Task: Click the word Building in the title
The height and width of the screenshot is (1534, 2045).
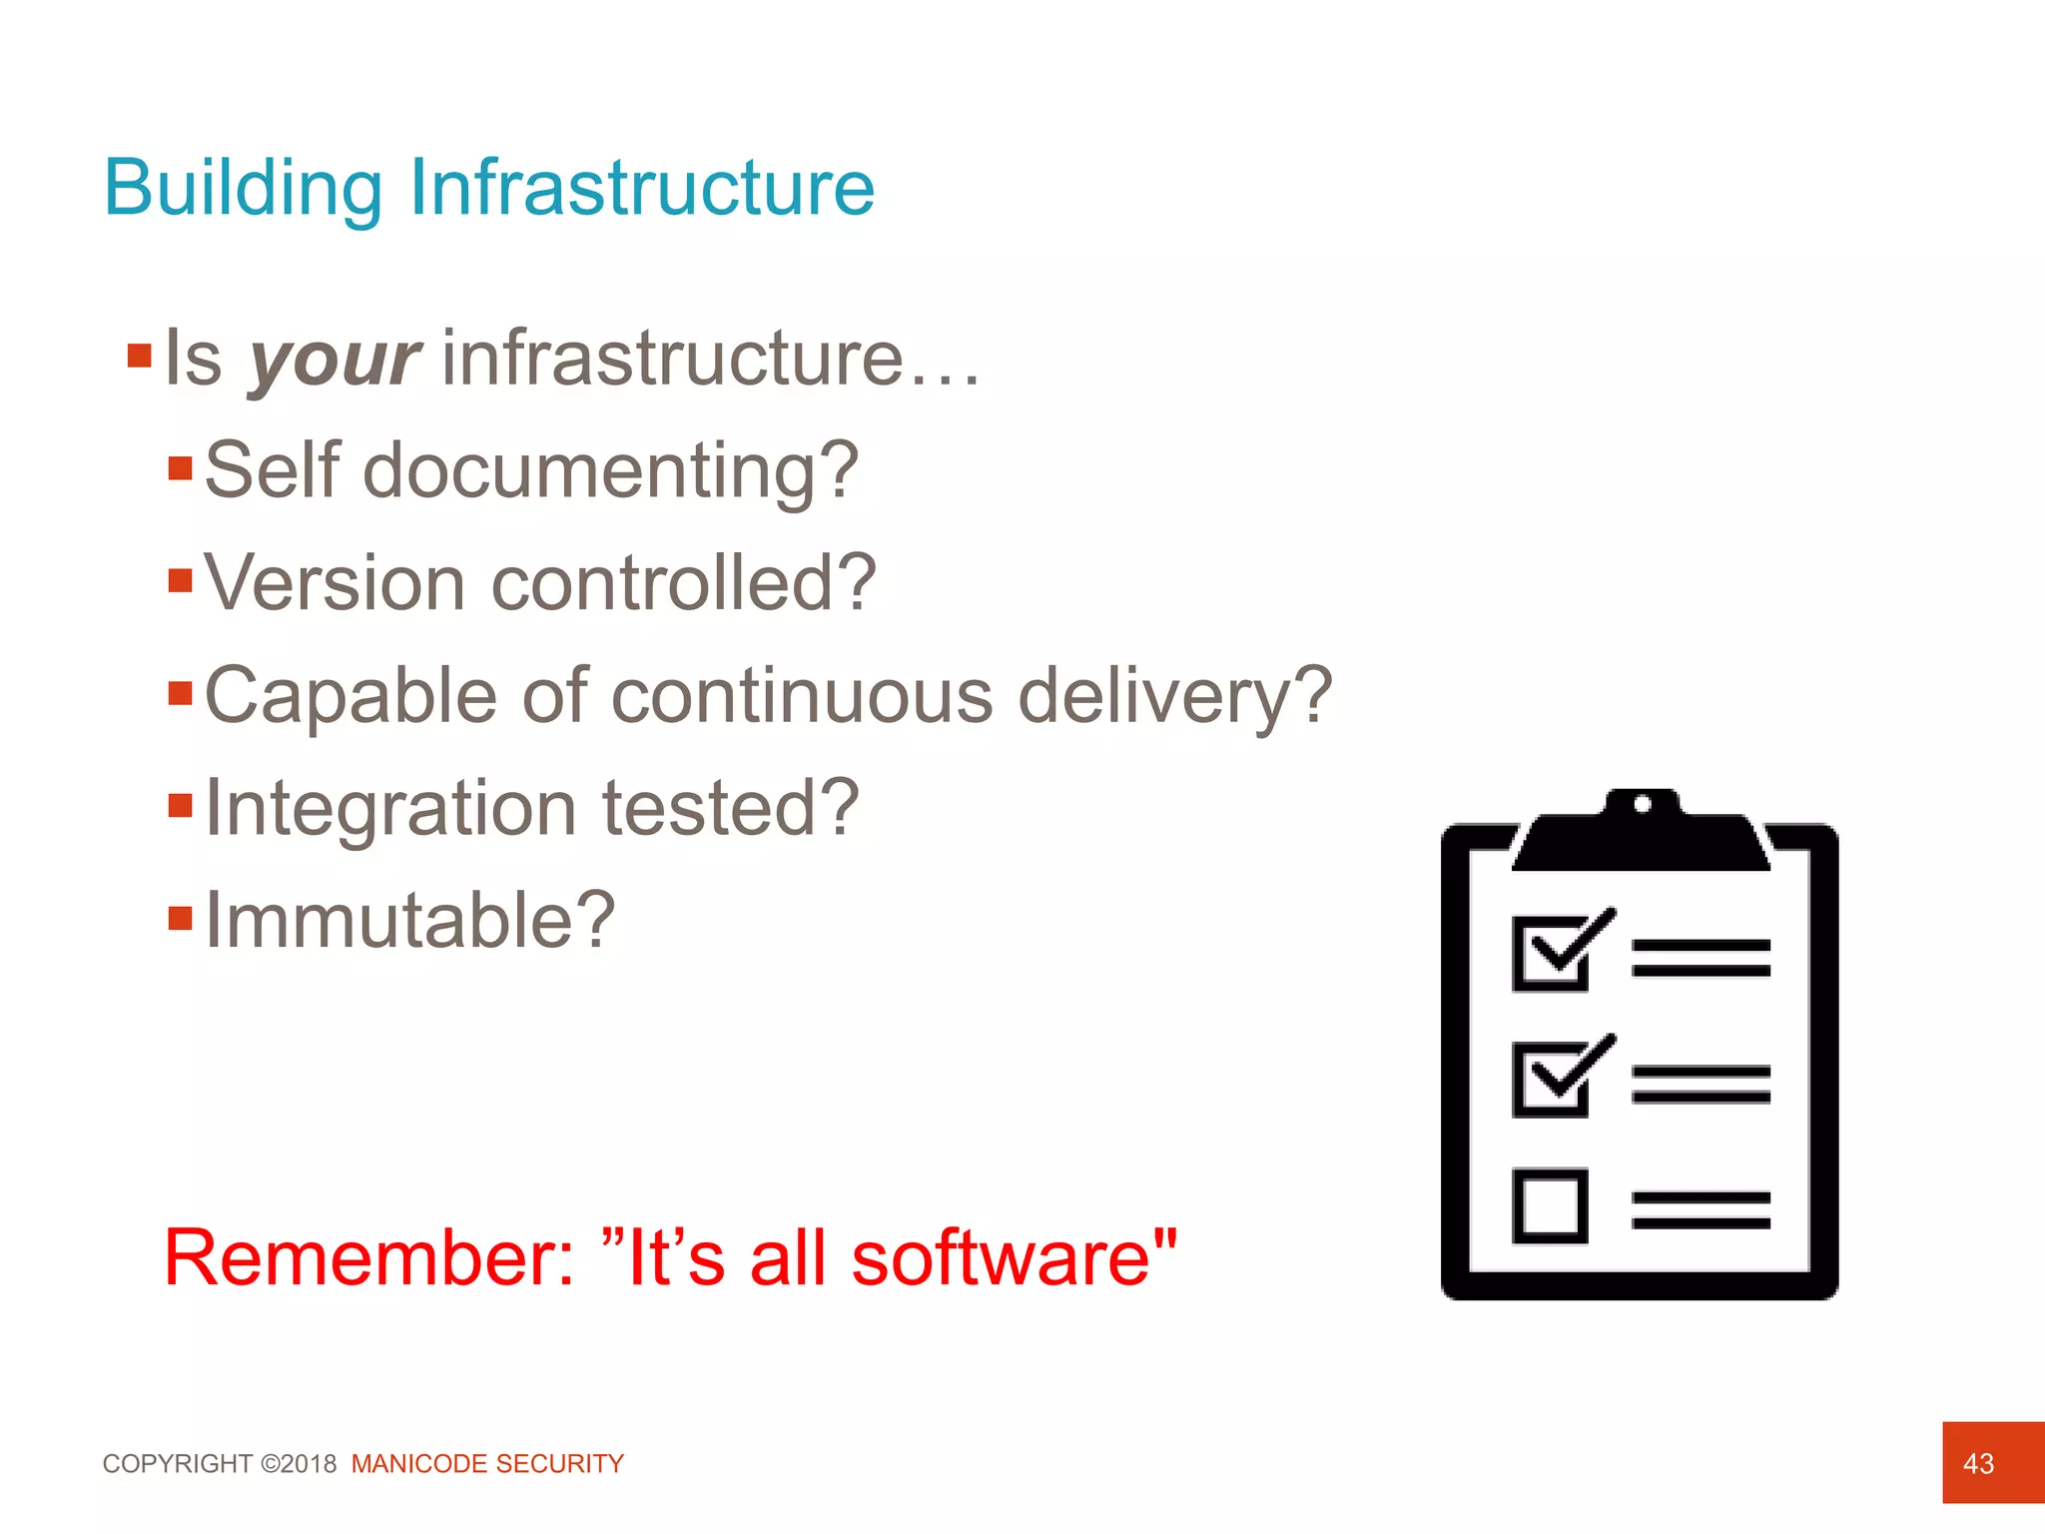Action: [243, 188]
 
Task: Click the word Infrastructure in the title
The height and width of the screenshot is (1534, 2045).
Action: [642, 188]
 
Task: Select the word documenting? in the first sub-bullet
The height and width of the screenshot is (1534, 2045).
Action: [610, 471]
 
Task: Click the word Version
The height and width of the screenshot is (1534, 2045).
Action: [336, 583]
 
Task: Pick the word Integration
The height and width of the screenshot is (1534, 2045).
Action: [390, 809]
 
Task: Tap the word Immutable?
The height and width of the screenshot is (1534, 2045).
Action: [409, 921]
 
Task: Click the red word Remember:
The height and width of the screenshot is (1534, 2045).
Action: [369, 1258]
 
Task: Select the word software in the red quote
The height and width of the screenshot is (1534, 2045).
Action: [1000, 1258]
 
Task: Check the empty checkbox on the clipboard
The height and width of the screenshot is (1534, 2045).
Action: [1550, 1206]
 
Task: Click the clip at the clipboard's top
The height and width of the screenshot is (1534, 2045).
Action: [1642, 831]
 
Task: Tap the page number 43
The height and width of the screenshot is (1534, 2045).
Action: [1978, 1464]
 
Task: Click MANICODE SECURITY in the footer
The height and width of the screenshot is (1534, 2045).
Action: [487, 1464]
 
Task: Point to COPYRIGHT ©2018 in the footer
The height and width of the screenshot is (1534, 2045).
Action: [220, 1464]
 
